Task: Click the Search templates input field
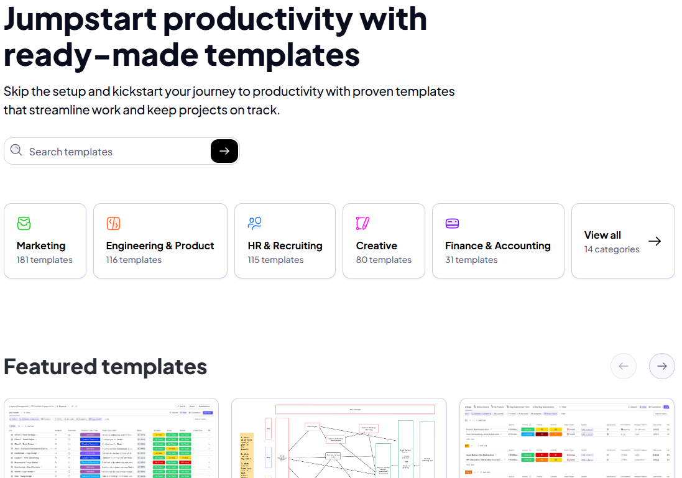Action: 115,152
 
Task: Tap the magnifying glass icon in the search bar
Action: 16,150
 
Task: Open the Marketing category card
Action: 45,241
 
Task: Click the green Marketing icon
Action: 24,223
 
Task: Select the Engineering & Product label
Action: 160,246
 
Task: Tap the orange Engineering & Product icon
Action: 113,223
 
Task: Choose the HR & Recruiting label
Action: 285,246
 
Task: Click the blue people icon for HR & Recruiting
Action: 255,223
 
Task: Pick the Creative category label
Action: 376,246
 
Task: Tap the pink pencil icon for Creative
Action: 363,223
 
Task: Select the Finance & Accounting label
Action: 497,246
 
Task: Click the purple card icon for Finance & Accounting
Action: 452,223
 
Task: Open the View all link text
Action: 602,235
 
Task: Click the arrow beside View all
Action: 655,241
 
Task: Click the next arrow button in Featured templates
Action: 661,366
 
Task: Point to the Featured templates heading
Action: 105,367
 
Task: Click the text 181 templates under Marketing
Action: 44,260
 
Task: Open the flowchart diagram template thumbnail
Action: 339,438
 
